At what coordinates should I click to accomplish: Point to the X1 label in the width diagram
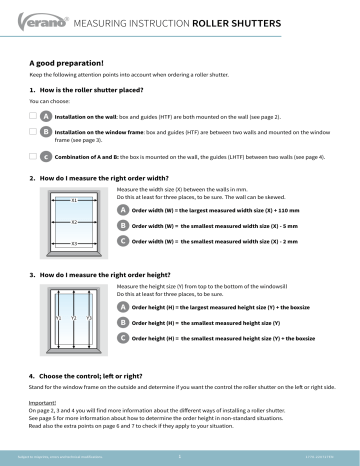(x=74, y=200)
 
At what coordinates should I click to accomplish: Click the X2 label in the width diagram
(x=74, y=221)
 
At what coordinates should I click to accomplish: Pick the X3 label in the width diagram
(x=74, y=243)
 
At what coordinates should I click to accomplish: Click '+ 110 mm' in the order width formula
(x=271, y=211)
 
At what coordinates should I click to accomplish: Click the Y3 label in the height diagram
(x=88, y=317)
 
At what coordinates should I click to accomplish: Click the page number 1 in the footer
(x=179, y=454)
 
